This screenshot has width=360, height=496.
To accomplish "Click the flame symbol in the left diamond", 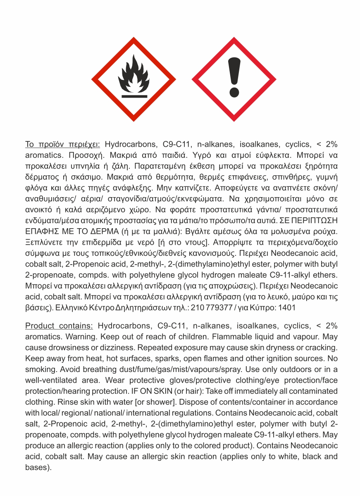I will pos(134,74).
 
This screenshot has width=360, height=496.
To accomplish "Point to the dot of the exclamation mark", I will pos(234,91).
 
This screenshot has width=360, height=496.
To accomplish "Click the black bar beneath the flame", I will pos(134,96).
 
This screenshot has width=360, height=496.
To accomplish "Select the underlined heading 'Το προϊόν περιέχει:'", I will pos(62,144).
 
